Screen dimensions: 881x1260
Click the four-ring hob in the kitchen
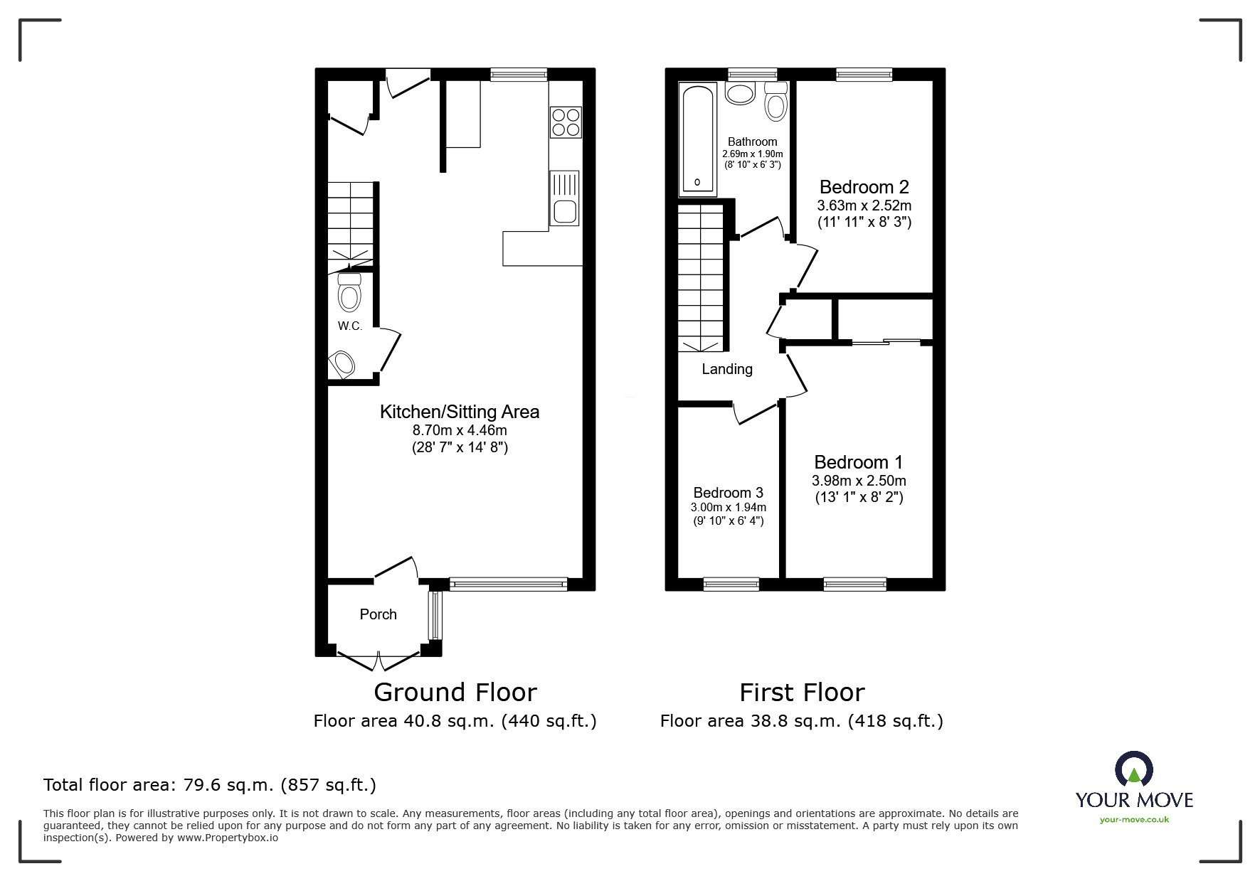tap(566, 121)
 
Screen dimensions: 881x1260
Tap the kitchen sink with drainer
tap(564, 198)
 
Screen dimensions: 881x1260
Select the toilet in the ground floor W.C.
tap(349, 292)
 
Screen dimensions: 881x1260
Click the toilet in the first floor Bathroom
tap(775, 102)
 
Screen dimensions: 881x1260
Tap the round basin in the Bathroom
tap(741, 93)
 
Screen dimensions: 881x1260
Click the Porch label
tap(378, 614)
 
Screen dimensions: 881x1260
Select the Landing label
tap(726, 369)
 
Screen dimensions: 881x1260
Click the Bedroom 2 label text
tap(864, 187)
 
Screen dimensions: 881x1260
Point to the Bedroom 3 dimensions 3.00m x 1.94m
tap(728, 508)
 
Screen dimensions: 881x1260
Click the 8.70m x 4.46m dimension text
tap(460, 430)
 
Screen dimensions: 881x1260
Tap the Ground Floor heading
tap(455, 692)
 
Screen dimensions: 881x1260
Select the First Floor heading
tap(802, 692)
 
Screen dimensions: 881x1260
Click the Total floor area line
tap(210, 785)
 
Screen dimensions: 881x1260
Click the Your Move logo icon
tap(1133, 769)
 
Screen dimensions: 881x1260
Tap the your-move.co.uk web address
tap(1134, 820)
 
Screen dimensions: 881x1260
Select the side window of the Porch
tap(435, 615)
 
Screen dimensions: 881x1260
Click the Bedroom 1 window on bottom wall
tap(854, 584)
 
